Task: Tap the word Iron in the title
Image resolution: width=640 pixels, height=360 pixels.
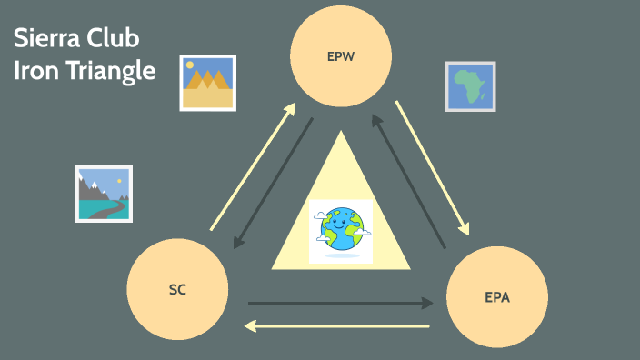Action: click(x=34, y=72)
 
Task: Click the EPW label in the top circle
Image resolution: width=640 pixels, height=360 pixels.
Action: click(x=340, y=56)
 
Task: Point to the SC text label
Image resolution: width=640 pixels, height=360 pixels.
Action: click(x=177, y=290)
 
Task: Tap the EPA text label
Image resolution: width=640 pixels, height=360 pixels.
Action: click(x=497, y=296)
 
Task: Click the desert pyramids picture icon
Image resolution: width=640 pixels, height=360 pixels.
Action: click(x=207, y=83)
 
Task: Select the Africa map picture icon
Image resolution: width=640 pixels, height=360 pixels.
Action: click(x=470, y=86)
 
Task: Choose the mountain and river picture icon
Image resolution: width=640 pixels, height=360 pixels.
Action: click(x=104, y=194)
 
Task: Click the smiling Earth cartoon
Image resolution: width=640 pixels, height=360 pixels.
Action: click(x=340, y=230)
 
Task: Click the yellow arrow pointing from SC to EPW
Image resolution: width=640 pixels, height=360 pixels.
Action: click(x=253, y=167)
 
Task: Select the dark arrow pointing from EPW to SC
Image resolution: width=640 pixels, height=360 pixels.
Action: click(x=274, y=183)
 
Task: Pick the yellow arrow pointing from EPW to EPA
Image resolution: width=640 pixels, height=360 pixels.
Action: click(x=432, y=167)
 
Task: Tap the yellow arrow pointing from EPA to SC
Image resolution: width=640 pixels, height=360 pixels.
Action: click(x=338, y=325)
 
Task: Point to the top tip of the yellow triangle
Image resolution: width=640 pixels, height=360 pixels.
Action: click(x=341, y=133)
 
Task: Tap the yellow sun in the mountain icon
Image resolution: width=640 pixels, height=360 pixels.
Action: click(x=120, y=180)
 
